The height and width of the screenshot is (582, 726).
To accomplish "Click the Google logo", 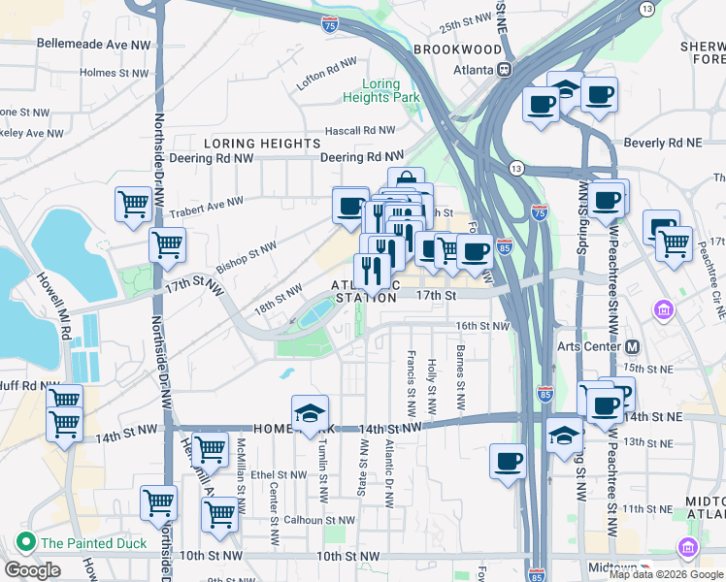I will (x=32, y=570).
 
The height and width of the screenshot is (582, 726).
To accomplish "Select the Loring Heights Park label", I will (x=380, y=91).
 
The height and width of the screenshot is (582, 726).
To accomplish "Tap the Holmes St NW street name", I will (x=114, y=72).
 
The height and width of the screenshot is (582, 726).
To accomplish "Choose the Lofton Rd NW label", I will (x=327, y=74).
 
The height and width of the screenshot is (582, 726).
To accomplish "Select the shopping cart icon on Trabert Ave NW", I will (x=134, y=205).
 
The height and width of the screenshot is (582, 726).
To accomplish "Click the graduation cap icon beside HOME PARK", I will (x=310, y=413).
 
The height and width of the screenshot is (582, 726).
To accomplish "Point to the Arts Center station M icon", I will (x=633, y=346).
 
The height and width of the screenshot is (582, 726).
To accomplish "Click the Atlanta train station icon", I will (x=504, y=70).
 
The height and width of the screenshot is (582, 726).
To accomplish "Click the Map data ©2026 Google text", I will (x=666, y=574).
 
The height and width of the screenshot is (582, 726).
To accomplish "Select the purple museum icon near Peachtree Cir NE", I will (x=664, y=310).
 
